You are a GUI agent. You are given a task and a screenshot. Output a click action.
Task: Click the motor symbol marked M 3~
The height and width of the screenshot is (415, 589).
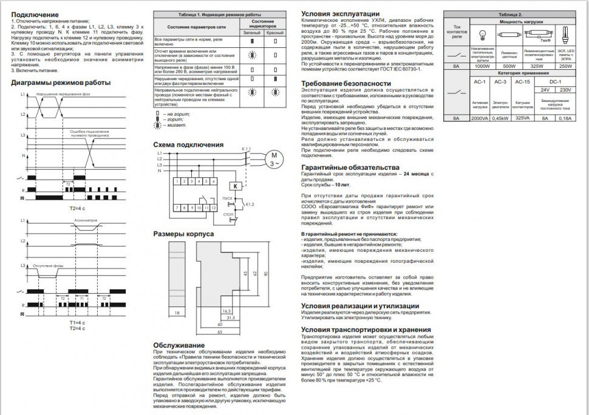[271, 160]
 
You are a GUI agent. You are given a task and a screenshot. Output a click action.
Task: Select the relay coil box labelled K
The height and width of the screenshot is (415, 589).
[236, 186]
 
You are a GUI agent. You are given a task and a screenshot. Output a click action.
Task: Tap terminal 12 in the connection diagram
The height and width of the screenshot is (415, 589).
[214, 207]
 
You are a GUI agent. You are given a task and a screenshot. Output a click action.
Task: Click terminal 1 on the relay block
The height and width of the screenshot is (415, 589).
[175, 181]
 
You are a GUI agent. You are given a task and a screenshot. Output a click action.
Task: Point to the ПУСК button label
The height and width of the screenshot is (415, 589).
[228, 198]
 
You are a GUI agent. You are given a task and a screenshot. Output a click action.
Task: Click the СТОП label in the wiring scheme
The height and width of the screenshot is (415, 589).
[228, 215]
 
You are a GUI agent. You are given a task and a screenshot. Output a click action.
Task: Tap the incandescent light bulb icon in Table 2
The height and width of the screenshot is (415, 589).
[484, 34]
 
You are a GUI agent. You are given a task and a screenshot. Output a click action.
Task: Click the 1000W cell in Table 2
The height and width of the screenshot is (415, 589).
[483, 66]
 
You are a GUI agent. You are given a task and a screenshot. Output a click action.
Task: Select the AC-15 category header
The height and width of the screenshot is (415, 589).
[522, 81]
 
